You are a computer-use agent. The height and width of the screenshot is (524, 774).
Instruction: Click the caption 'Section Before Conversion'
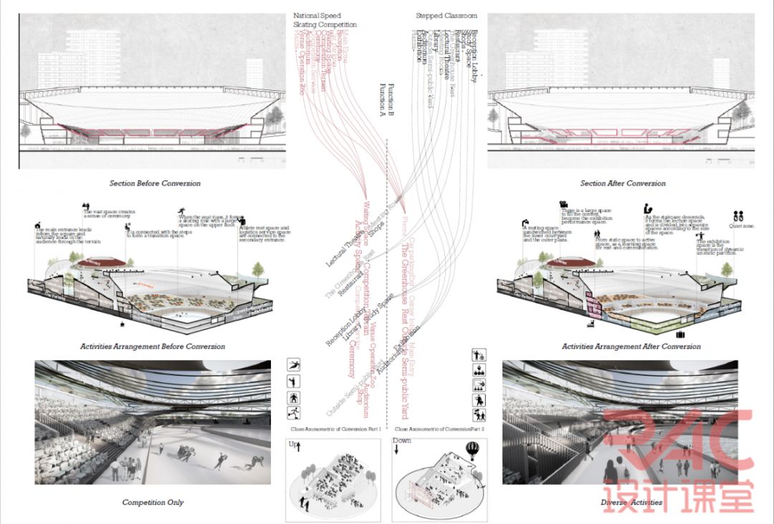pos(155,183)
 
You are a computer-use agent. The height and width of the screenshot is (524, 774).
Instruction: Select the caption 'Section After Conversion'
pos(623,183)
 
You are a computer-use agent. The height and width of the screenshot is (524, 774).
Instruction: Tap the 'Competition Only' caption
pos(153,503)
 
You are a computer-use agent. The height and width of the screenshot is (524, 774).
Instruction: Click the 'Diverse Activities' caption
pos(631,503)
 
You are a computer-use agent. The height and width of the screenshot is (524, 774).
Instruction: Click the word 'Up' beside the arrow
pos(292,445)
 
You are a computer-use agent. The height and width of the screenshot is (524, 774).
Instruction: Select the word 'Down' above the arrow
pos(402,440)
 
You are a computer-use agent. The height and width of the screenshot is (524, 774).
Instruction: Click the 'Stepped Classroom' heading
pos(446,16)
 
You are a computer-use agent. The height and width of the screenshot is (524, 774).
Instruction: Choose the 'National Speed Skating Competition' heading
pos(324,20)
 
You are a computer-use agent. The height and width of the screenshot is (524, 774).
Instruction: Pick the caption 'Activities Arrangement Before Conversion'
pos(153,346)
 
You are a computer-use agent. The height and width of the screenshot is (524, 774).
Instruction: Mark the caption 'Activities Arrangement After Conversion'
pos(631,346)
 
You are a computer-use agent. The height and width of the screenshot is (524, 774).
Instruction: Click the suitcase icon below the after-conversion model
pos(680,334)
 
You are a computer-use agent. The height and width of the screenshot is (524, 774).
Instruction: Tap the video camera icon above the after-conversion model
pos(564,203)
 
